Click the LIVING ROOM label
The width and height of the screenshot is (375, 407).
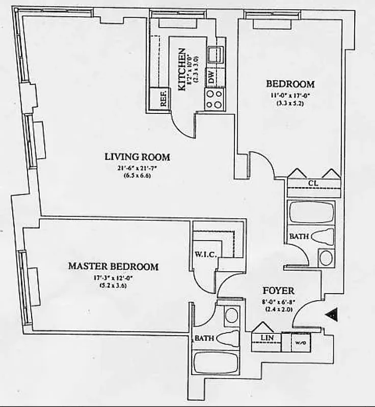(x=137, y=157)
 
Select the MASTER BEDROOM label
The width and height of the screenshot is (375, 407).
(x=113, y=266)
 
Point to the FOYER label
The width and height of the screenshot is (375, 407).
(x=278, y=291)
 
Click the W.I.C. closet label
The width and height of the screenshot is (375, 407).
(x=206, y=254)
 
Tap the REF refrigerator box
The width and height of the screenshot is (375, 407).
(x=164, y=99)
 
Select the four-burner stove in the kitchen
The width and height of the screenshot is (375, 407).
(x=215, y=98)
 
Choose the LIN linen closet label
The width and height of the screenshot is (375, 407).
(x=264, y=338)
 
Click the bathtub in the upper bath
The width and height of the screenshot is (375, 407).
(x=310, y=212)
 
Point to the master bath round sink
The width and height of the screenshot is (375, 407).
(x=231, y=315)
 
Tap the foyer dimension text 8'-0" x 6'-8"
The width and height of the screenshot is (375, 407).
(x=278, y=301)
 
